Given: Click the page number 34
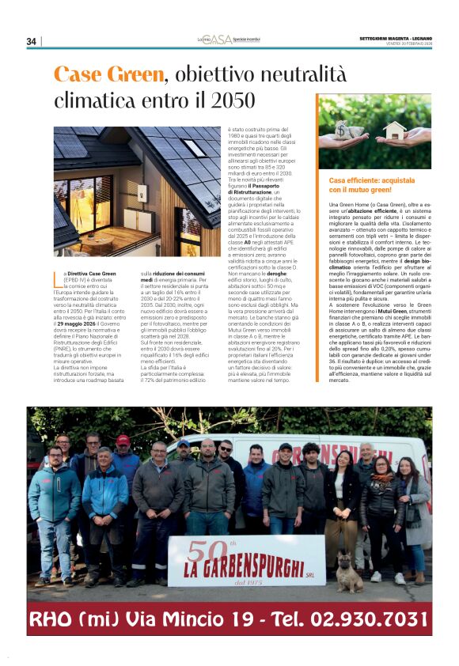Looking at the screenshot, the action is click(x=32, y=41).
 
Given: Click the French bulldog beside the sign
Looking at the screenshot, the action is click(x=349, y=572).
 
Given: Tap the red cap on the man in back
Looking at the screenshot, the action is click(x=123, y=440).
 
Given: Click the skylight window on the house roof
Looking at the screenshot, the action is click(x=193, y=148).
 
